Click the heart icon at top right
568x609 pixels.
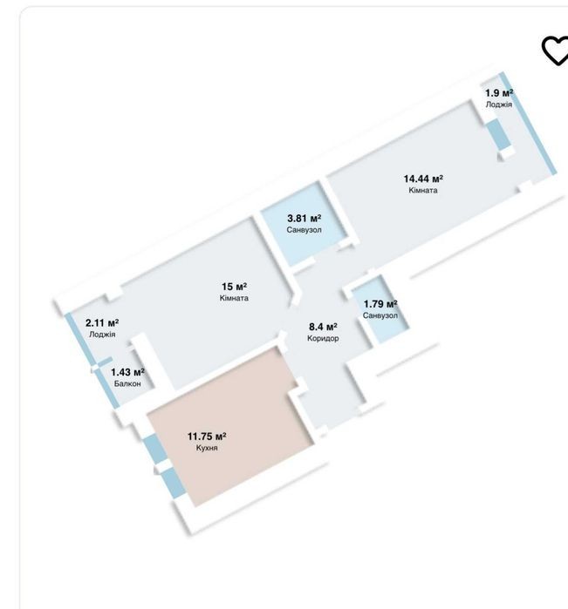556,51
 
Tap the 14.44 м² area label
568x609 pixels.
423,179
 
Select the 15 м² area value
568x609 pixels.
234,287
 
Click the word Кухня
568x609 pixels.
207,448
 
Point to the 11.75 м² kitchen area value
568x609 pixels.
207,436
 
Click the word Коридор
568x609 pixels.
323,338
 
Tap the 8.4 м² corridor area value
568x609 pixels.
323,327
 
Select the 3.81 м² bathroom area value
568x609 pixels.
305,219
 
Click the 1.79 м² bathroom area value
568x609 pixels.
380,304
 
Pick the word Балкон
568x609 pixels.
127,383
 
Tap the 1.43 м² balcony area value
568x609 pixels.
127,373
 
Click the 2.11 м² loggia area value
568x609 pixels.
102,322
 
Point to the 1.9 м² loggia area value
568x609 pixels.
499,93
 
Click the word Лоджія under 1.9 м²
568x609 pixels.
499,105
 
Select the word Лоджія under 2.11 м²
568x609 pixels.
102,335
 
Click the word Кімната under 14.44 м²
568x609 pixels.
423,190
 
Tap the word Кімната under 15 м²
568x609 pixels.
234,298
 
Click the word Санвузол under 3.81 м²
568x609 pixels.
305,230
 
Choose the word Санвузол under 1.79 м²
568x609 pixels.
380,315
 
